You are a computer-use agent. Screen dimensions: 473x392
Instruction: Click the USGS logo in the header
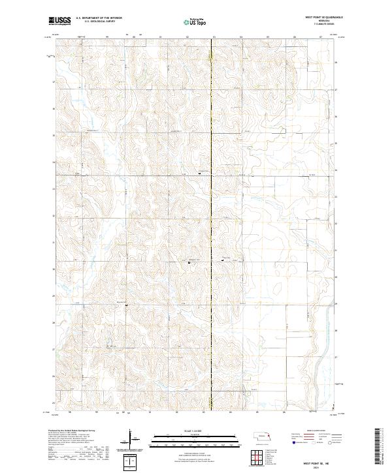point(60,21)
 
